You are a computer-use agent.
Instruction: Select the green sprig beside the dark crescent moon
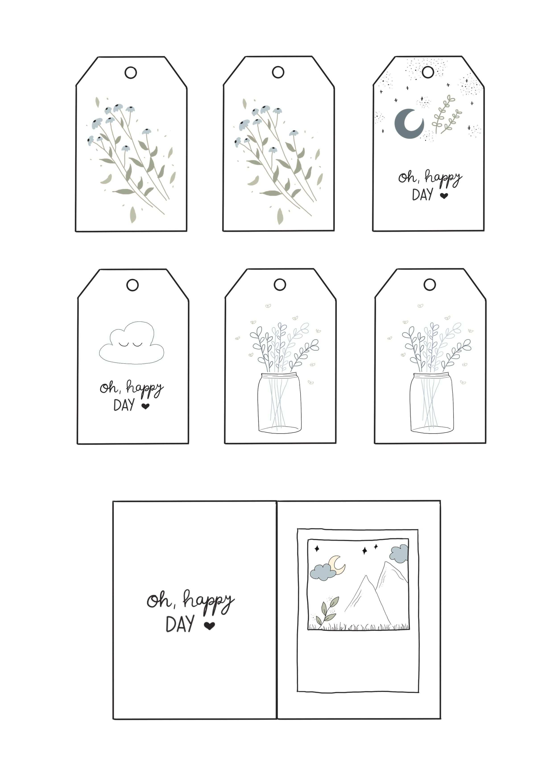(447, 114)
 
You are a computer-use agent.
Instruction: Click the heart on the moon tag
(444, 196)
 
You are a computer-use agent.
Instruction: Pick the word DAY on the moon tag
(423, 195)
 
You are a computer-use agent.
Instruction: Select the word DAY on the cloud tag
(124, 405)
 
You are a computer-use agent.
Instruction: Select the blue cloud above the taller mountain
(399, 554)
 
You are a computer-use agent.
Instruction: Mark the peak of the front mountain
(366, 576)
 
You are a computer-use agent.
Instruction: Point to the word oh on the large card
(159, 601)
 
